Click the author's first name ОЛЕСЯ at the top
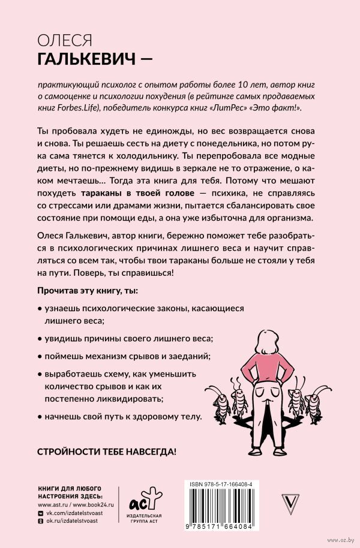tap(64, 40)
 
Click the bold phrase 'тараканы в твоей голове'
tap(138, 194)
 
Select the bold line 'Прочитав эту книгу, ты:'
tap(87, 291)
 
